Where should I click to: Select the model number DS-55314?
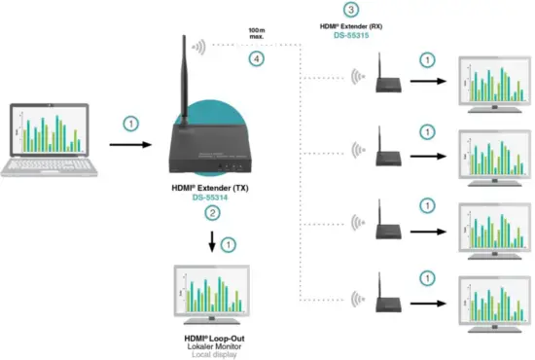pos(210,198)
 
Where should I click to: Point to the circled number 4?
pos(256,60)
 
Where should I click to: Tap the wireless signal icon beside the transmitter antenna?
pos(199,46)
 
